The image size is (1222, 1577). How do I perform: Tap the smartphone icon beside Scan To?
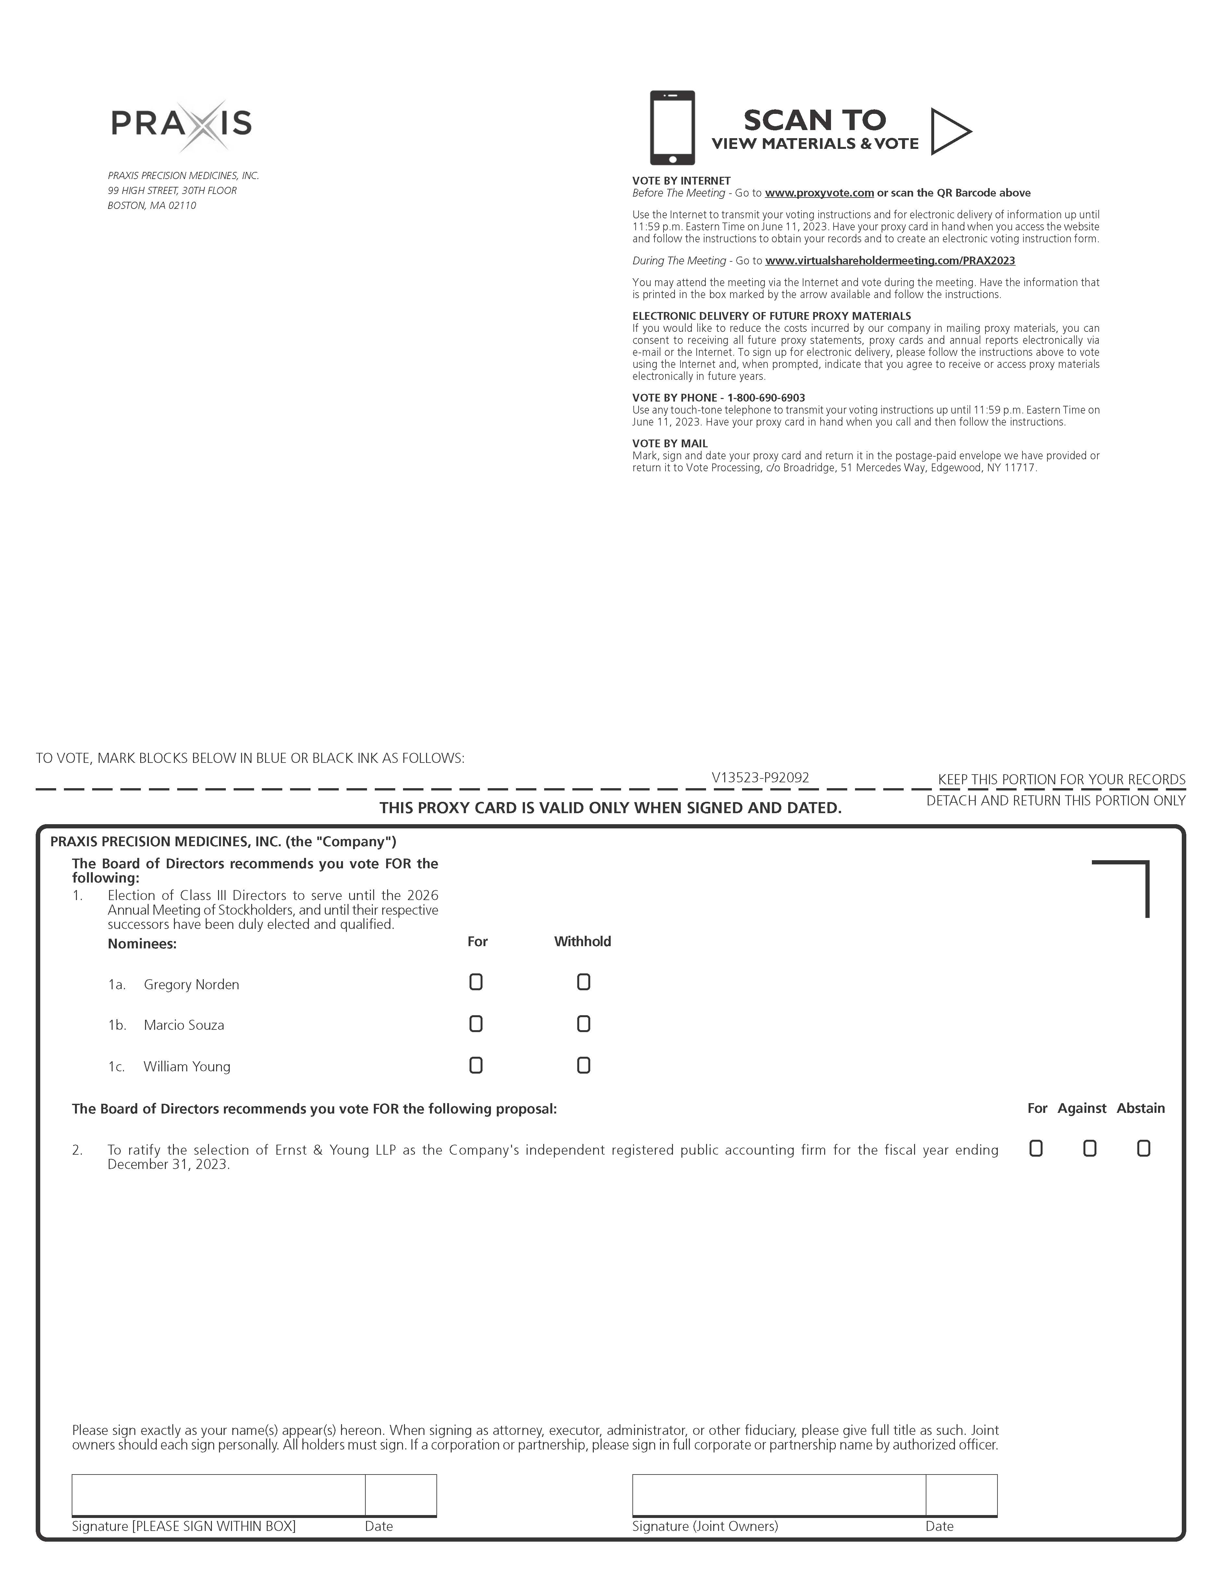click(x=672, y=128)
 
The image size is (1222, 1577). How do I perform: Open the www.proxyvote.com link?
click(x=819, y=193)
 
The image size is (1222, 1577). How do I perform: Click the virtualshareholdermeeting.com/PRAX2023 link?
click(x=890, y=261)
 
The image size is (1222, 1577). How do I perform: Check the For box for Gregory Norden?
click(x=476, y=982)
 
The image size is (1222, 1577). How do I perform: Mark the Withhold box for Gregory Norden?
click(x=583, y=982)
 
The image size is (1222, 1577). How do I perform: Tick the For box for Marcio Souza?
click(x=476, y=1024)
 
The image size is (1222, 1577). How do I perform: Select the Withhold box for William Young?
click(x=583, y=1065)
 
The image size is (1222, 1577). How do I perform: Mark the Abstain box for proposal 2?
click(x=1143, y=1148)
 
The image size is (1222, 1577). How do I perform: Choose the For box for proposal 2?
click(x=1036, y=1148)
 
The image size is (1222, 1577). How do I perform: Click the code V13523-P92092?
click(x=760, y=778)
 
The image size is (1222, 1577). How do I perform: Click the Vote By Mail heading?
click(x=669, y=443)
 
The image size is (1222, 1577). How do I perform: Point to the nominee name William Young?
click(x=187, y=1066)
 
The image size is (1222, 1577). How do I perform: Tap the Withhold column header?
click(x=582, y=942)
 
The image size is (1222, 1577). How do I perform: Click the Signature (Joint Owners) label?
click(x=705, y=1526)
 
